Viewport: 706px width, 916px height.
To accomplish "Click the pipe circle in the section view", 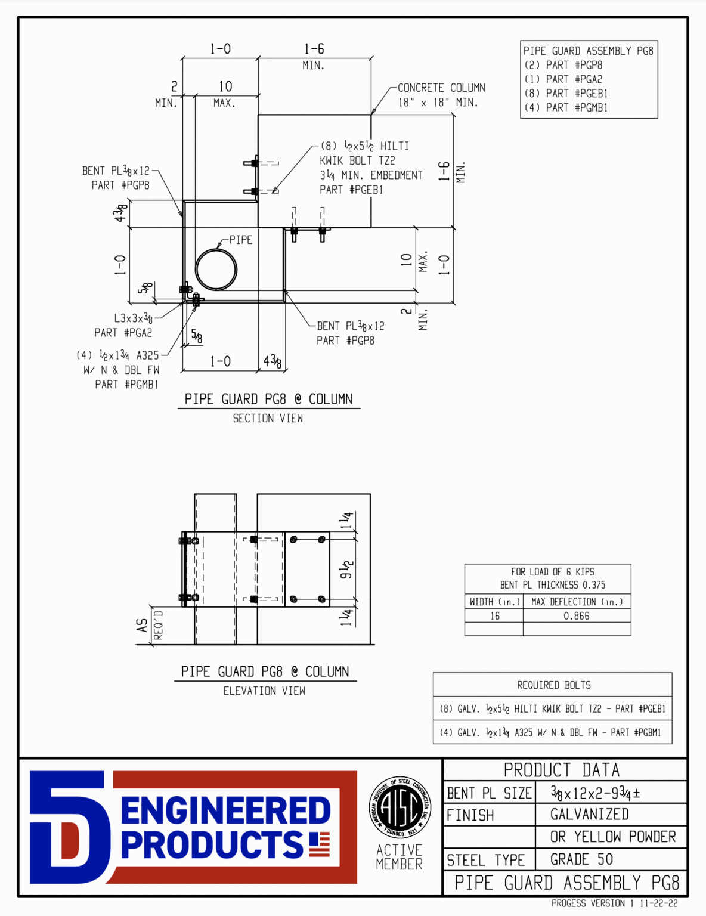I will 216,270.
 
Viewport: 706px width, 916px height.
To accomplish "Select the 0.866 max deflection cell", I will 576,616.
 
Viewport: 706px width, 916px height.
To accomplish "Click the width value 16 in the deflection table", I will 494,616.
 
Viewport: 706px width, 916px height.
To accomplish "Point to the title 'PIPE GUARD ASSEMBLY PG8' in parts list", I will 588,51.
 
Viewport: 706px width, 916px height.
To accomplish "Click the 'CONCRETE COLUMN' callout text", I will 441,88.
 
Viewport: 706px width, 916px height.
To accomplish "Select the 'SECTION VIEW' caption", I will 268,419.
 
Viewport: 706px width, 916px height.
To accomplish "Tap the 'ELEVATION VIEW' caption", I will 264,691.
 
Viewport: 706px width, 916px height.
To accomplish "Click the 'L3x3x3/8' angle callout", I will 133,318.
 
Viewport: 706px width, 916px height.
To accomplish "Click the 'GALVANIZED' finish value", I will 589,815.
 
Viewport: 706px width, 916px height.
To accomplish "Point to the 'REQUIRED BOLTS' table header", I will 553,685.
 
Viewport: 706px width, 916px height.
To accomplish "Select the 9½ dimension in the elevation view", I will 347,570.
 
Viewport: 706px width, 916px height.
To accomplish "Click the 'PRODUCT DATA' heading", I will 561,770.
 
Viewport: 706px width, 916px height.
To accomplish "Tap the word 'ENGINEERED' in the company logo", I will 225,810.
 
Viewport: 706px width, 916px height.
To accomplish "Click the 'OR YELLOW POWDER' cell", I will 612,837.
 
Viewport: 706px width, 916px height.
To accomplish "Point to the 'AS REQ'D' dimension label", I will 148,626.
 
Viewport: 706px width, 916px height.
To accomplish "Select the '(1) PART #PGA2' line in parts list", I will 563,79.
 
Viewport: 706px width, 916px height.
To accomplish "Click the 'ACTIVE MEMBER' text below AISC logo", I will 399,857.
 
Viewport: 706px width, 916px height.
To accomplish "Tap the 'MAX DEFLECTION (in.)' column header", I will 577,602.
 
